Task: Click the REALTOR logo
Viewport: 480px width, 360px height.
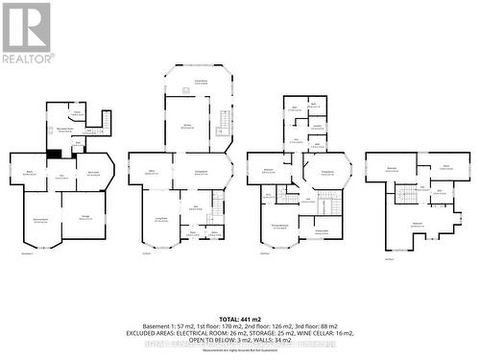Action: (x=27, y=33)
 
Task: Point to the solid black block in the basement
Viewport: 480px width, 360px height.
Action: (x=56, y=154)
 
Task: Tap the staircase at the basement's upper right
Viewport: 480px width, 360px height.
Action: (x=104, y=123)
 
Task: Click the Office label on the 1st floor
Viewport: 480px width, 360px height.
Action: (x=151, y=172)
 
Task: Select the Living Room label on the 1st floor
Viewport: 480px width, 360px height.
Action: (x=158, y=218)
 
